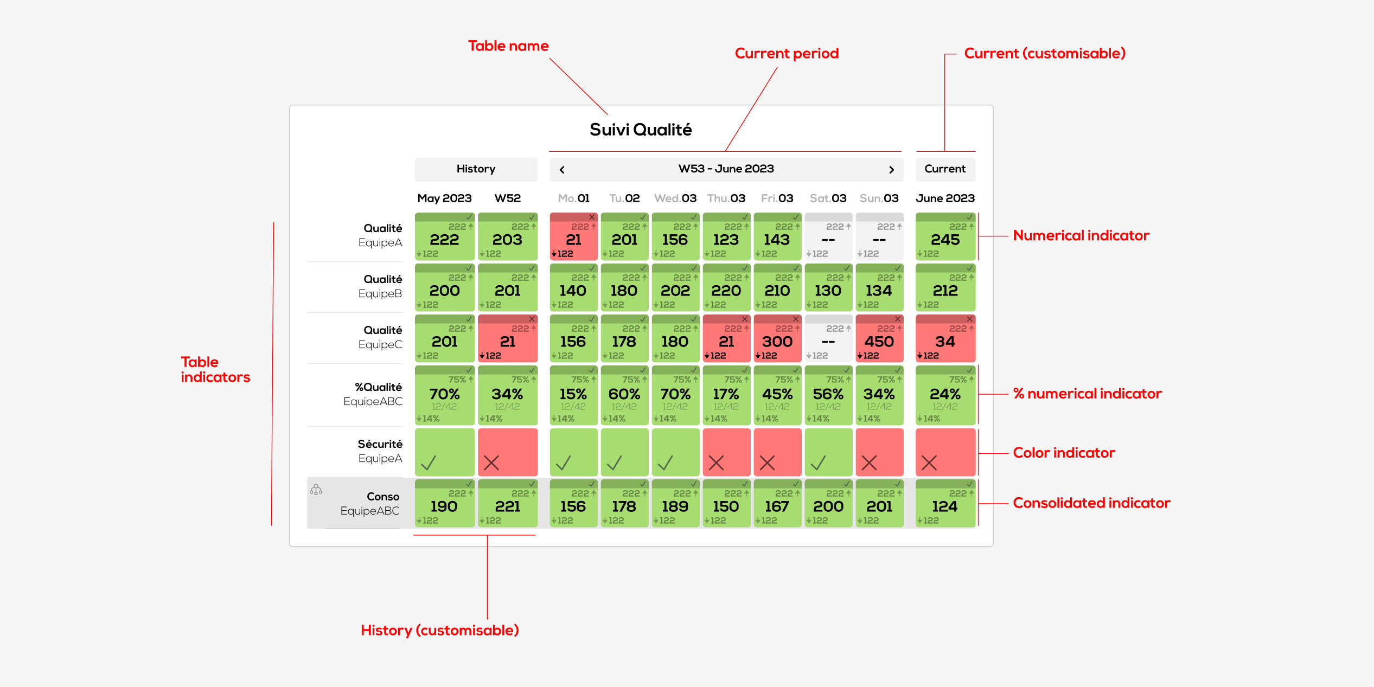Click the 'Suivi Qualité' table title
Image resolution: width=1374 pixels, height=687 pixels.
coord(641,130)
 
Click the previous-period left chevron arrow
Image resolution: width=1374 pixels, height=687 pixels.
coord(562,170)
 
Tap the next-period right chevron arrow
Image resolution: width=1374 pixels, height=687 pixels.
coord(891,170)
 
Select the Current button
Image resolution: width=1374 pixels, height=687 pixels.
coord(945,169)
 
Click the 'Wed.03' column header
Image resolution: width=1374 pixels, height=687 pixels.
coord(675,198)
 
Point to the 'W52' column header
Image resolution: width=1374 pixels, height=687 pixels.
coord(507,198)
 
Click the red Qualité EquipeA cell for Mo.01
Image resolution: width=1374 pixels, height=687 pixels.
coord(573,236)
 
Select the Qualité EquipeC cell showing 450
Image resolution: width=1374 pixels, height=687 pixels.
coord(879,339)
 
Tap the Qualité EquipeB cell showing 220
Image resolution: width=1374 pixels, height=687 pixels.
coord(726,288)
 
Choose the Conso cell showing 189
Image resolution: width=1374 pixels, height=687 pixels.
coord(675,504)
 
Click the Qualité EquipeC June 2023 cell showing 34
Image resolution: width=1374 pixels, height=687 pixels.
coord(945,339)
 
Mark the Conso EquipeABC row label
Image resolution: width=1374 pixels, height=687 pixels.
coord(370,504)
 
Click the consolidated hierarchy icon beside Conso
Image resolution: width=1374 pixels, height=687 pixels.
coord(316,490)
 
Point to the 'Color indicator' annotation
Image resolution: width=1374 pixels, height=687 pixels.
coord(1064,453)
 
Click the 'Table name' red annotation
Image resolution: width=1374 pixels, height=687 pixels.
coord(508,46)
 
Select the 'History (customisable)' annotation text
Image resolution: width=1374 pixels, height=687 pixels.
coord(439,630)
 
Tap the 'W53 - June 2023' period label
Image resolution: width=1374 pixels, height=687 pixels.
coord(726,169)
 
